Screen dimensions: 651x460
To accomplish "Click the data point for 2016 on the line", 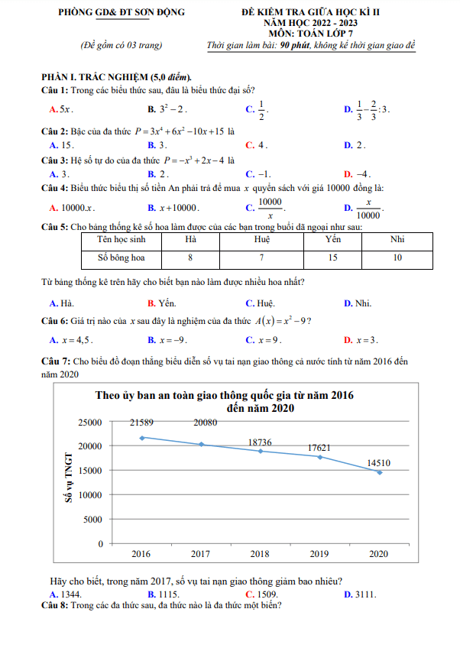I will [x=141, y=438].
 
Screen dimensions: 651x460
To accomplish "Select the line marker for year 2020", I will [x=380, y=472].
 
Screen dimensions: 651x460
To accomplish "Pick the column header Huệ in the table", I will [x=261, y=239].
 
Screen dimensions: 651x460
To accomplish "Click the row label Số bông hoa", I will [x=120, y=258].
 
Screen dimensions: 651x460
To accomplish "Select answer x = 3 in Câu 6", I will [x=365, y=340].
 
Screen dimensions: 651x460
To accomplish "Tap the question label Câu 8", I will [x=55, y=606].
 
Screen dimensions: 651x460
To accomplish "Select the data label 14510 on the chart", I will [x=380, y=462].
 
